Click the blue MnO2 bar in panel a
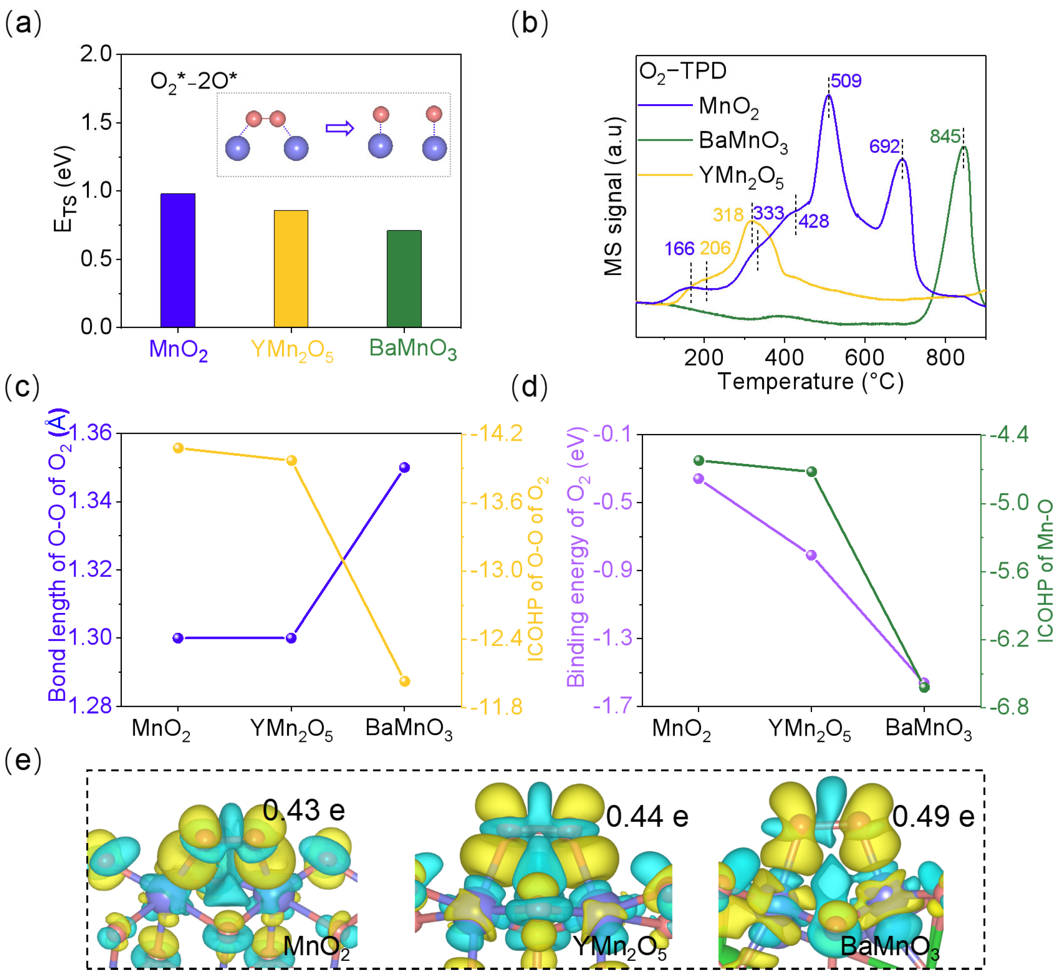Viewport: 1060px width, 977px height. point(178,260)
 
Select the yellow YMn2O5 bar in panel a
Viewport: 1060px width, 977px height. point(291,269)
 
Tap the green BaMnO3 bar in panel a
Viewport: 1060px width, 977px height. point(404,279)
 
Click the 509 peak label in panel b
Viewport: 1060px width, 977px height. point(846,81)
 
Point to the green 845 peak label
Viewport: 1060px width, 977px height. point(945,137)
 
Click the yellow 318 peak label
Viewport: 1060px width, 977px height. point(728,215)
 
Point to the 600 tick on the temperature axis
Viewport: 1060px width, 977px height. point(865,358)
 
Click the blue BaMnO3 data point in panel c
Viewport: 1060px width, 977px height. point(404,467)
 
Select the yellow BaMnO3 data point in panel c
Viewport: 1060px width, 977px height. point(404,681)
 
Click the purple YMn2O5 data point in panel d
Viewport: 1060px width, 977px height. point(811,555)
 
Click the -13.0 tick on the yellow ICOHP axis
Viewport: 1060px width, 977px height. point(496,570)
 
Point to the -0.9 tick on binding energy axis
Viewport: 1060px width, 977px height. point(613,570)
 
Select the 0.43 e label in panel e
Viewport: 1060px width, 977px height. point(304,810)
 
